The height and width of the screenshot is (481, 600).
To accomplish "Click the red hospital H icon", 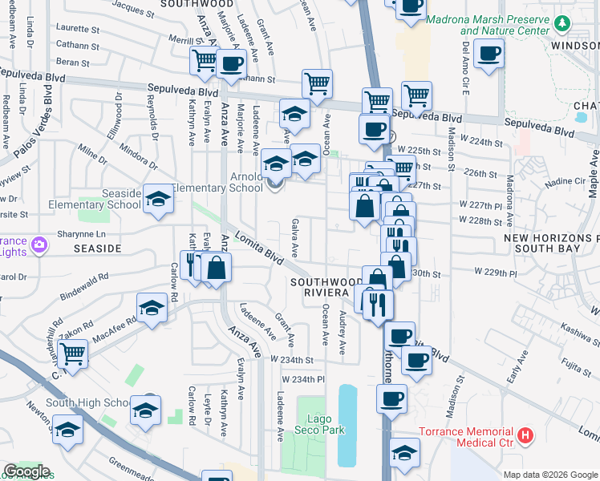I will pyautogui.click(x=525, y=436).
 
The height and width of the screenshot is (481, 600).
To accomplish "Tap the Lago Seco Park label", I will pyautogui.click(x=326, y=424).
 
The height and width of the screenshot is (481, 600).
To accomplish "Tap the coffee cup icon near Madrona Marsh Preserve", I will pyautogui.click(x=489, y=55).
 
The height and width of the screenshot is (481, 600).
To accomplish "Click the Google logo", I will pyautogui.click(x=26, y=471).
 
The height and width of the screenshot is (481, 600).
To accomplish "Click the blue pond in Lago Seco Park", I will pyautogui.click(x=347, y=425).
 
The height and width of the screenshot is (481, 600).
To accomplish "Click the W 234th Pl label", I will pyautogui.click(x=303, y=378).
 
